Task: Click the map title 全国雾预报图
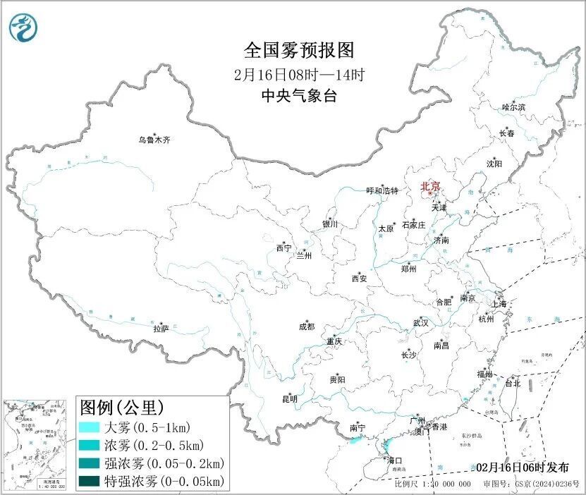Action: click(x=298, y=50)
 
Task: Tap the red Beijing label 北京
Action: click(x=430, y=186)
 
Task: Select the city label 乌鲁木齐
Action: click(x=154, y=140)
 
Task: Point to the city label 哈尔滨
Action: click(x=513, y=107)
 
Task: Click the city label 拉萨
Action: click(x=161, y=329)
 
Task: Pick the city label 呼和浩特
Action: click(x=383, y=191)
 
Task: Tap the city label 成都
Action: click(x=307, y=326)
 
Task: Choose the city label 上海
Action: click(x=499, y=304)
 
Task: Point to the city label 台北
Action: click(x=512, y=384)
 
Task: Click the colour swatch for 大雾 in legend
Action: click(x=88, y=427)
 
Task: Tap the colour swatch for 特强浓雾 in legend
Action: click(x=88, y=482)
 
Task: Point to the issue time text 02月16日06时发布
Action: click(x=527, y=468)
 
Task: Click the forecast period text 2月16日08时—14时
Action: click(x=298, y=73)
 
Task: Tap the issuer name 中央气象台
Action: click(x=298, y=96)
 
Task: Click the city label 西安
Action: click(x=359, y=279)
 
